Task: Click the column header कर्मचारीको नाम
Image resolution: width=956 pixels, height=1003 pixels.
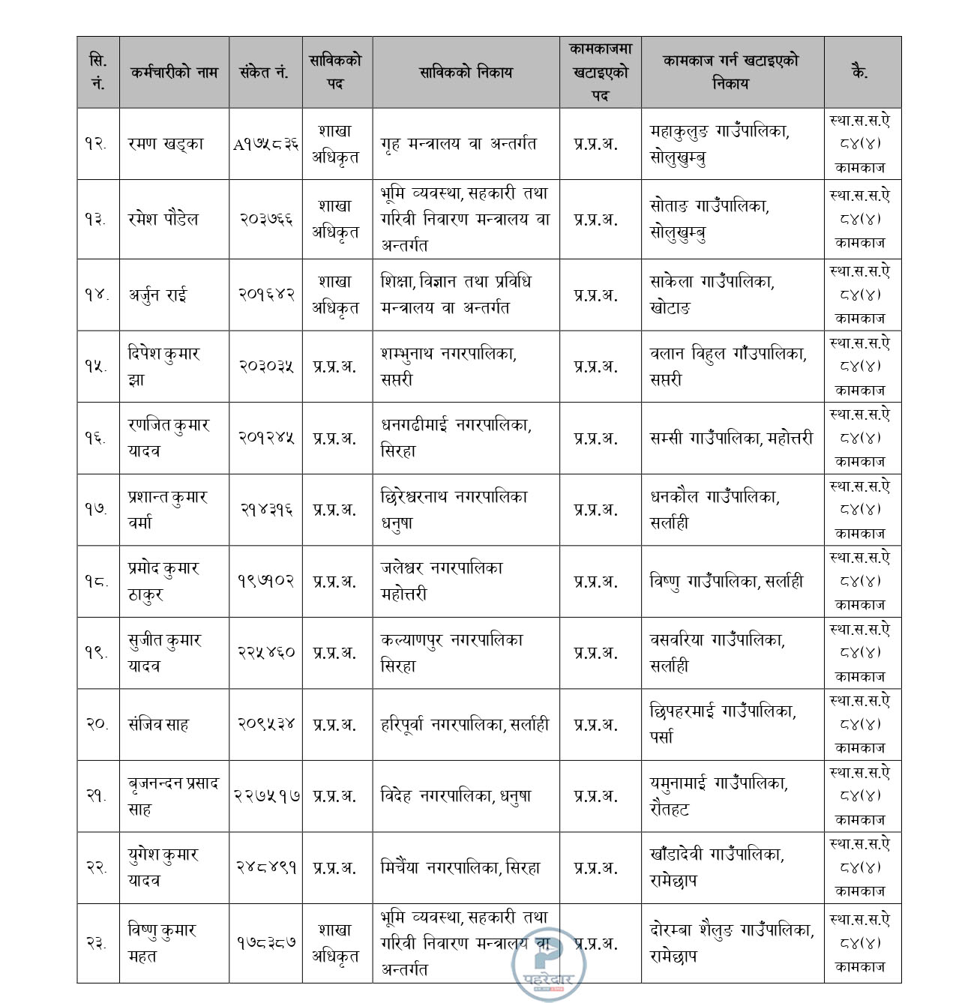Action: [x=173, y=73]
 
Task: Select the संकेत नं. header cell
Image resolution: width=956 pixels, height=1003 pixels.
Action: [x=265, y=73]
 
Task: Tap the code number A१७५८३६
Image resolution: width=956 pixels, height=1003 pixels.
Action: [x=265, y=144]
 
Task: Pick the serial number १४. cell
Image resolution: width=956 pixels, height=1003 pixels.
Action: [x=97, y=295]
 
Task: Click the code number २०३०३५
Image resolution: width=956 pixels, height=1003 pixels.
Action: [x=265, y=367]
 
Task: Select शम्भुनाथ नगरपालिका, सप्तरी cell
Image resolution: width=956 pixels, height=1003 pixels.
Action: [x=448, y=367]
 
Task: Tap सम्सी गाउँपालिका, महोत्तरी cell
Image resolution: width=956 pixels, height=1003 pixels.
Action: [x=731, y=438]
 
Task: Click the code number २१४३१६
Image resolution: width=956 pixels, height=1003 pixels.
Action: [x=265, y=510]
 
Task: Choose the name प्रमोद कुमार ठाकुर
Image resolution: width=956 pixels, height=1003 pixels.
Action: [x=163, y=581]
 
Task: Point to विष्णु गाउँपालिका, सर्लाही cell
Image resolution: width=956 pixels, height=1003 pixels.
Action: [x=726, y=581]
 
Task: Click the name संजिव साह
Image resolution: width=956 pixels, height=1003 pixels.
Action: [x=158, y=724]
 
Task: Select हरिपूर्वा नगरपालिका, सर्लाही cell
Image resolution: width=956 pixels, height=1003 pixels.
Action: [x=464, y=724]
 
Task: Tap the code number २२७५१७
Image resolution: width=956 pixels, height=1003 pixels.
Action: [x=265, y=796]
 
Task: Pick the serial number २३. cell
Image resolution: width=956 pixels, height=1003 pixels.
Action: [x=97, y=943]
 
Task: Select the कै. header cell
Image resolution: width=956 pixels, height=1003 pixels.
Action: [x=861, y=73]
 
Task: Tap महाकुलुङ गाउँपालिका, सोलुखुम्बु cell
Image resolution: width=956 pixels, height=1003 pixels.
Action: [x=720, y=144]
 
